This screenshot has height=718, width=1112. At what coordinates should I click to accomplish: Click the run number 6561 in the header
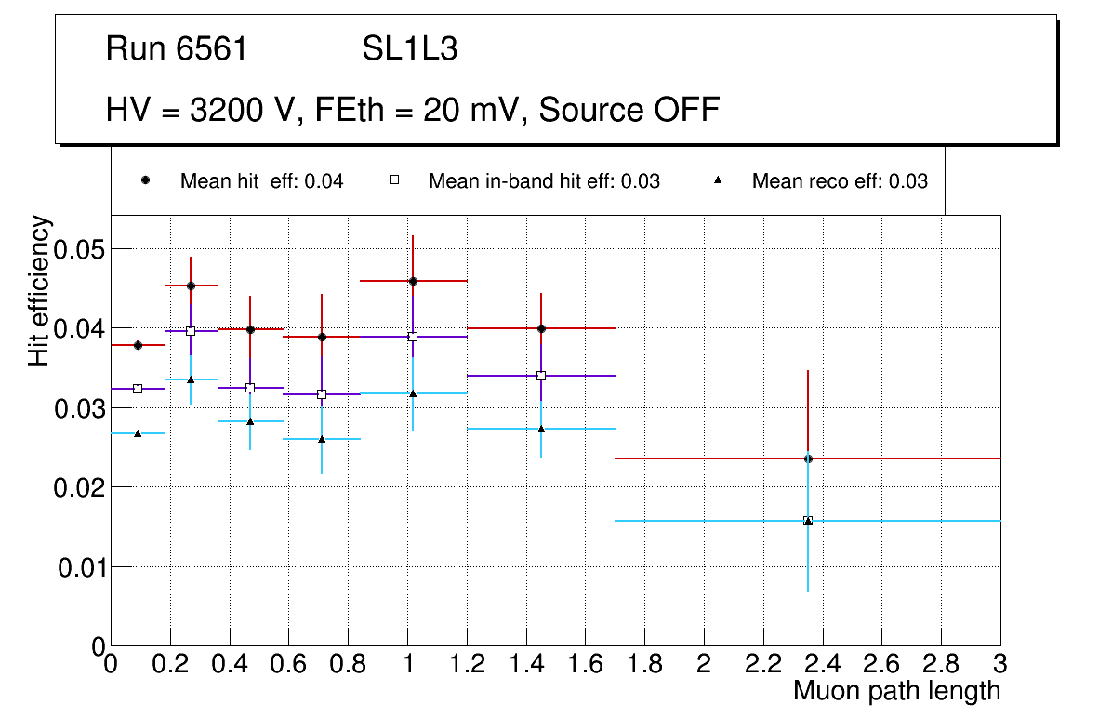(212, 49)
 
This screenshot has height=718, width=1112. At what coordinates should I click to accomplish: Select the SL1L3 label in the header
(410, 49)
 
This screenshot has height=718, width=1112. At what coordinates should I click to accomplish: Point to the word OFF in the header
(686, 110)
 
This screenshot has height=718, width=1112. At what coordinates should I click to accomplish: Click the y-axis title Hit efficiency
(39, 290)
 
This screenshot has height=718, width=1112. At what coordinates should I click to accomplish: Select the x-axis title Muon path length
(896, 691)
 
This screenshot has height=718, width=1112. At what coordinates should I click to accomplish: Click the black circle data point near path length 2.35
(808, 459)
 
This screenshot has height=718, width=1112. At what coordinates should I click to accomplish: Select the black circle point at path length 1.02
(413, 281)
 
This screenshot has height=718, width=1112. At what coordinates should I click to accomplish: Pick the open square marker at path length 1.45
(541, 376)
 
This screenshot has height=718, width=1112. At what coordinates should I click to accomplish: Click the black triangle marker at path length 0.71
(322, 438)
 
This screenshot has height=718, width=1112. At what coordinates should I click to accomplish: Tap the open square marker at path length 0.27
(191, 331)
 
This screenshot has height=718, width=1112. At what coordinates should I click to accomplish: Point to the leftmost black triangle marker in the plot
(138, 433)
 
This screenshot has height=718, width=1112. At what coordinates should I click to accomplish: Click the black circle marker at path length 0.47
(250, 329)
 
